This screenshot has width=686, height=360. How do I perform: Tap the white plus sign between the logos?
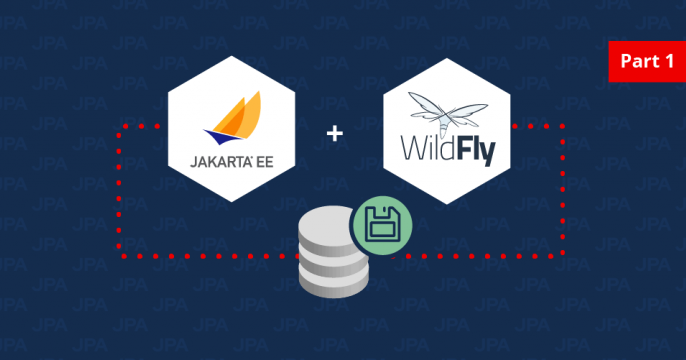[x=336, y=132]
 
